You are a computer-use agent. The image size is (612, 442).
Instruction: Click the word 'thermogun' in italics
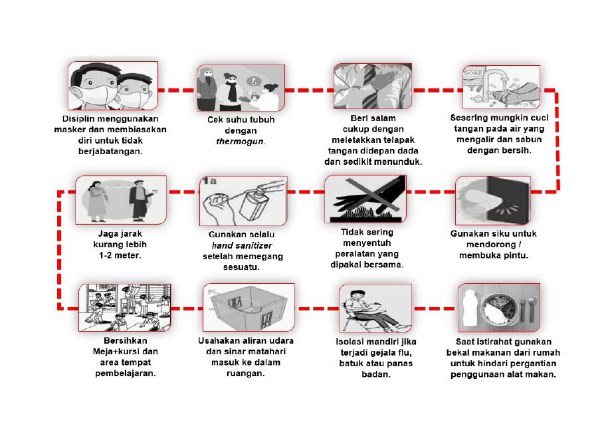coord(240,142)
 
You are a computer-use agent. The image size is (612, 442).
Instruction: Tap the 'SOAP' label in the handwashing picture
coord(472,72)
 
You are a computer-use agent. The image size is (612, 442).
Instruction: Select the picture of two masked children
coord(113,86)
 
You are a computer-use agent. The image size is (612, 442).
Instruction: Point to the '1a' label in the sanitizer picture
coord(209,181)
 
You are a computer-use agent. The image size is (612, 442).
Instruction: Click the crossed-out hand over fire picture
coord(365,199)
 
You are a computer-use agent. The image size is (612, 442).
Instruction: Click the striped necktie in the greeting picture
coord(369,86)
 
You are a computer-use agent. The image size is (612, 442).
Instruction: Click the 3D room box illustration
coord(249,308)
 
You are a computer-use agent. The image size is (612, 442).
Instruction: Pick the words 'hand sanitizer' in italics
coord(242,245)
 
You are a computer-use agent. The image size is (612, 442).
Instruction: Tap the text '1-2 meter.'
coord(120,255)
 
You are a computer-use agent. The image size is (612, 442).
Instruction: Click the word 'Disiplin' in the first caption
coord(77,118)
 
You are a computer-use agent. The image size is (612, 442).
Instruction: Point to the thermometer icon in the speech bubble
coord(254,82)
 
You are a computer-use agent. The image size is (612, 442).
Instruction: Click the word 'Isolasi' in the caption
coord(349,342)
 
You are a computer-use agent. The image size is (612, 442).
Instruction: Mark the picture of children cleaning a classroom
coord(124,307)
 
